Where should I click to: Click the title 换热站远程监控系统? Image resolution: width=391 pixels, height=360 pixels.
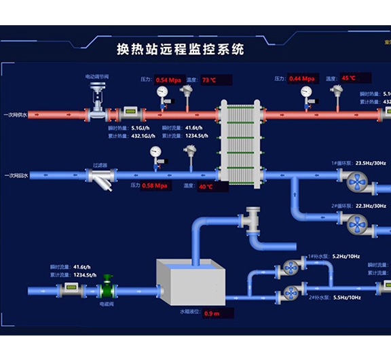tap(180, 50)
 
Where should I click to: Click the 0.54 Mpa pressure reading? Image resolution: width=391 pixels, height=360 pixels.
tap(170, 79)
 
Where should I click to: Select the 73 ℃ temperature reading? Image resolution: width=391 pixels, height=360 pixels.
tap(209, 79)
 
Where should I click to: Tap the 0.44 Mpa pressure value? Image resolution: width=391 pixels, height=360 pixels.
tap(303, 79)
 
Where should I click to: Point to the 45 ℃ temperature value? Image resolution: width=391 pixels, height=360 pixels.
tap(349, 78)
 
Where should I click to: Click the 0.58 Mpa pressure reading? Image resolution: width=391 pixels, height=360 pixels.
tap(157, 185)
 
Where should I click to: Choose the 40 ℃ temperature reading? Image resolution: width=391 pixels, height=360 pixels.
tap(206, 186)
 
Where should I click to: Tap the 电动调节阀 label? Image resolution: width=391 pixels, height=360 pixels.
tap(98, 77)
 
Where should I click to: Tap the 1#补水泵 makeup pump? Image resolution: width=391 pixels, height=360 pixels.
tap(291, 268)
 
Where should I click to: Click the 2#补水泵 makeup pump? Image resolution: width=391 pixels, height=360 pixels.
tap(291, 293)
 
